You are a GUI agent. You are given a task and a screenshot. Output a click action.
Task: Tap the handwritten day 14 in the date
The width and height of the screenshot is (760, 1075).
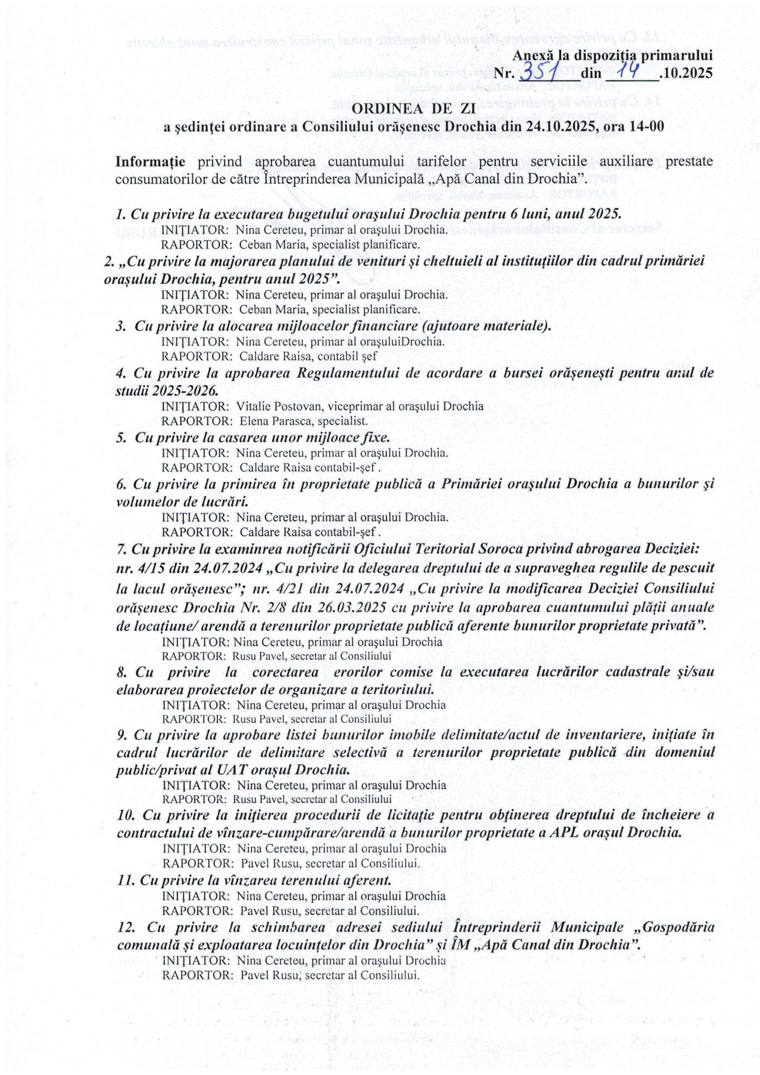[x=629, y=71]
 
